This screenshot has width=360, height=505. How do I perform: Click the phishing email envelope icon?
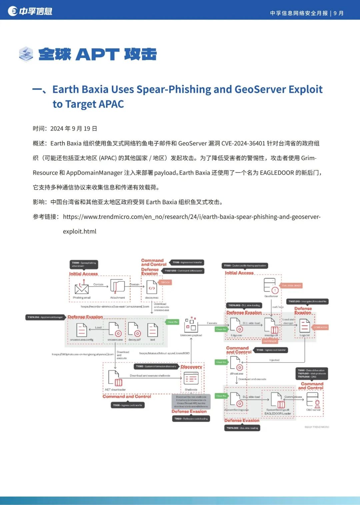coord(81,288)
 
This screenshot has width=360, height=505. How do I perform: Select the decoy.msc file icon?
coord(152,287)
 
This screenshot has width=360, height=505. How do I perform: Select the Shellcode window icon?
coord(191,379)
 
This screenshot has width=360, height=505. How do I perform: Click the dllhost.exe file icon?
coord(236,364)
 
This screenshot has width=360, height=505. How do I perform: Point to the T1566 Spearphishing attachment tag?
coord(84,264)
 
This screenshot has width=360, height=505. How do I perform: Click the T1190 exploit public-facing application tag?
coord(245,266)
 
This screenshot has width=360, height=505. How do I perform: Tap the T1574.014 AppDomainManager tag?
coord(45,317)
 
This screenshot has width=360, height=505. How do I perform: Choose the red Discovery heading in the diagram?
coord(191,367)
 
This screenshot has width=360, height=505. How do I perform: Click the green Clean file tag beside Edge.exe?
coord(221,329)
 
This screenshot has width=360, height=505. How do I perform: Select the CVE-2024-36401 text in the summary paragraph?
coord(243,143)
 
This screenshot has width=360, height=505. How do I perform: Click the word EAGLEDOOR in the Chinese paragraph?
coord(277,173)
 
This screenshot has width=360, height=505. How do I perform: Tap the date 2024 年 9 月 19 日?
coord(74,129)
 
